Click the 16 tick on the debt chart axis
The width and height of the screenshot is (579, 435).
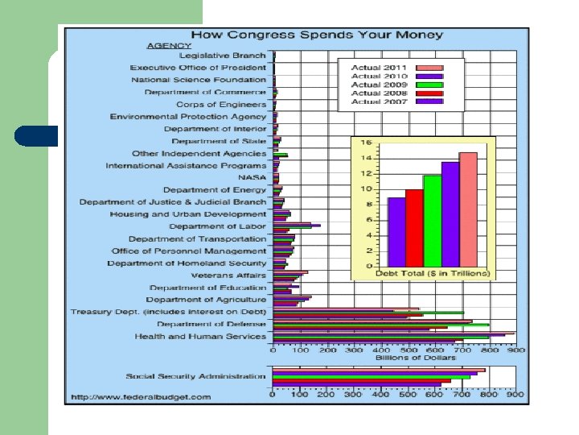(366, 143)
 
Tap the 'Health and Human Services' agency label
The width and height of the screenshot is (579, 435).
(200, 336)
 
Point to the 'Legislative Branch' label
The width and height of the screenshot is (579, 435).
(223, 56)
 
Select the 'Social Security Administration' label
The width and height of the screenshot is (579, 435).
(195, 376)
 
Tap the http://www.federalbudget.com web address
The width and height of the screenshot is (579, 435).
(141, 396)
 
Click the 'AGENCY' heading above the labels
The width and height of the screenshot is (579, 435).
(169, 46)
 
